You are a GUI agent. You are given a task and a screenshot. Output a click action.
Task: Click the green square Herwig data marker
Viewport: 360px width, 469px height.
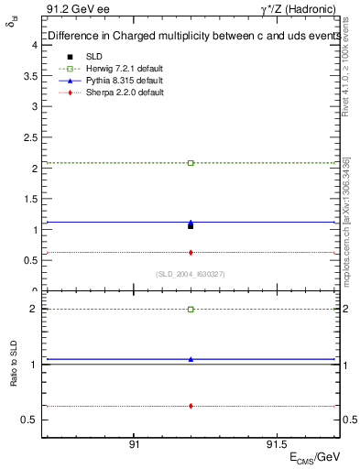pos(191,163)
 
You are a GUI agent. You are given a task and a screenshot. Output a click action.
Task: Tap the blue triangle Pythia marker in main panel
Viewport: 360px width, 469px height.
pos(191,222)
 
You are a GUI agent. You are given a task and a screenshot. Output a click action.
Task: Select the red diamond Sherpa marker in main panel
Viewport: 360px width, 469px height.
pos(191,252)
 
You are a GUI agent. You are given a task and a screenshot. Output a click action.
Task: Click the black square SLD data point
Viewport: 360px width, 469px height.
pos(191,225)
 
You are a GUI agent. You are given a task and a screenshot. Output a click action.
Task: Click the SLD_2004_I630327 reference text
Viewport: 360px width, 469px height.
pos(191,275)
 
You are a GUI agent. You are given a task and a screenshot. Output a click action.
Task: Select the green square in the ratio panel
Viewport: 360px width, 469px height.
pos(191,310)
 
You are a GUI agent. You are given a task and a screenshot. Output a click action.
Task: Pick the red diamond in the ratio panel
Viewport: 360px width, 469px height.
pos(191,405)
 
